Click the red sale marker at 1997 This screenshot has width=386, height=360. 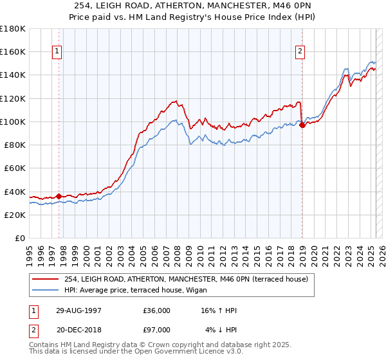pos(59,196)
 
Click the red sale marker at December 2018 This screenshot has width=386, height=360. pos(302,125)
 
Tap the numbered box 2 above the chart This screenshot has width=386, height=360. pos(300,53)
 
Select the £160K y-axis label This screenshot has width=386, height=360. pos(13,51)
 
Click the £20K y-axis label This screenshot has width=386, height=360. pos(15,215)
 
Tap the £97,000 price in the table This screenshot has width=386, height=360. pos(157,330)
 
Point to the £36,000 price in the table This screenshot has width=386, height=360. pos(157,310)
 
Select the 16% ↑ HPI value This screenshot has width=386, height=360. pos(220,310)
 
